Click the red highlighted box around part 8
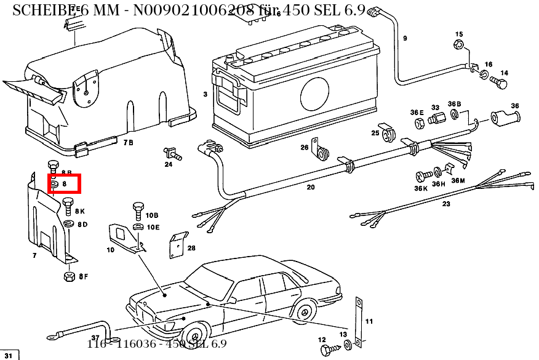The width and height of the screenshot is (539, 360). coord(64,183)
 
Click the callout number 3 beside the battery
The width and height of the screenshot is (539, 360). coord(205,94)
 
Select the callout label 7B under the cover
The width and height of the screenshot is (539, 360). coord(128,143)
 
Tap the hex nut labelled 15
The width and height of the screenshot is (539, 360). coord(458,44)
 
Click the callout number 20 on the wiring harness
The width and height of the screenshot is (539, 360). coord(311,187)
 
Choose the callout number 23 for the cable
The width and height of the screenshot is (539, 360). coord(446,203)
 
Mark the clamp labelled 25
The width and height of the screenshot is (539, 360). coord(388,133)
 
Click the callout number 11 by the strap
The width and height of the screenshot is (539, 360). coord(369,321)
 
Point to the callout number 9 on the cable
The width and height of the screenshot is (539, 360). coord(405,38)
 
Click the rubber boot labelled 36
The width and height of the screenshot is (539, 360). coord(504,117)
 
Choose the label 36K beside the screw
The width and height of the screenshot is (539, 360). coord(421,189)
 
